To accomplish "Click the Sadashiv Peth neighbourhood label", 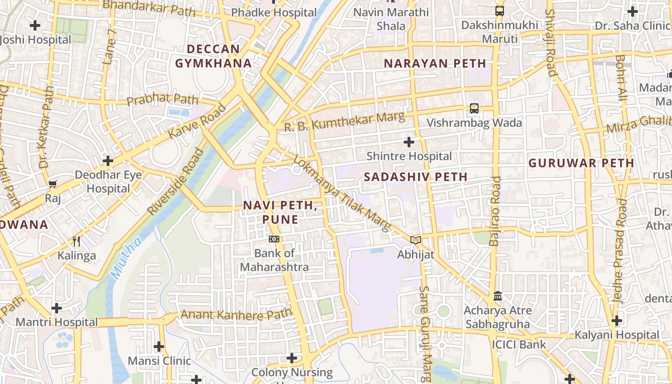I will [x=415, y=177].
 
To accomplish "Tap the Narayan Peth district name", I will [x=435, y=63].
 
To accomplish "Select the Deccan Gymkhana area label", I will [x=213, y=56].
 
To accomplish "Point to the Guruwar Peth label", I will [x=581, y=163].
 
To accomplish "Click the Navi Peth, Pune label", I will [x=280, y=212].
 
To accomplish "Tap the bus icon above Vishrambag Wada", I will [x=474, y=108].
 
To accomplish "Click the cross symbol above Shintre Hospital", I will [x=409, y=142].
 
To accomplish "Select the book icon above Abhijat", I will [x=416, y=240].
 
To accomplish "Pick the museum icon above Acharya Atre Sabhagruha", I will [x=498, y=296].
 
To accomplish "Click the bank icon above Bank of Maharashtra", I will [x=274, y=239].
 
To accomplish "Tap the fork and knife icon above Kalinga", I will [x=76, y=241].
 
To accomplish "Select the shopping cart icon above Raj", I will [x=53, y=184].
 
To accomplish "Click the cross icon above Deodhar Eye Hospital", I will [x=108, y=161].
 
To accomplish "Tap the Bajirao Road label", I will [x=495, y=211].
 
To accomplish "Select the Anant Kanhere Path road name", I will [x=236, y=315].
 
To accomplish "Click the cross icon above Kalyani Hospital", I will [x=617, y=320].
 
